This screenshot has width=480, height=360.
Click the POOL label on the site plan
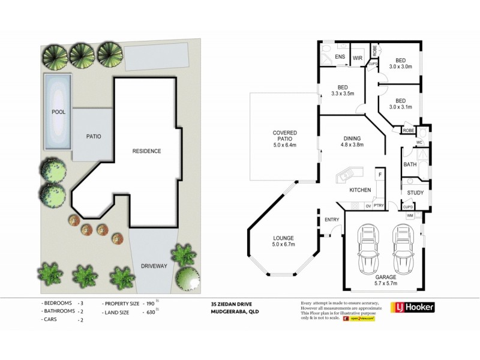pos(58,112)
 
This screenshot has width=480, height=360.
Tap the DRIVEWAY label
pos(153,265)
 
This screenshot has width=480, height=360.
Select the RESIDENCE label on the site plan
pos(146,151)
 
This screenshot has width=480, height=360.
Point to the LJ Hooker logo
pos(412,307)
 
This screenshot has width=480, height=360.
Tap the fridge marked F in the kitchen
pos(379,175)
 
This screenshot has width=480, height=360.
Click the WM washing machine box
pos(410,215)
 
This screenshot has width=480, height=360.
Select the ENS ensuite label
pos(340,58)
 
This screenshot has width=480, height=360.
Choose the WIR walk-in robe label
pos(358,58)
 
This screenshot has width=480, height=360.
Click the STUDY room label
pos(415,193)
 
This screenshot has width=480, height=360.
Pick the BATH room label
pos(410,164)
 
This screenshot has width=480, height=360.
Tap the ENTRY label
pos(332,220)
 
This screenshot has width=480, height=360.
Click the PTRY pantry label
pos(379,206)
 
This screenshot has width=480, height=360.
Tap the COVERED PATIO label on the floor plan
pos(285,136)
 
